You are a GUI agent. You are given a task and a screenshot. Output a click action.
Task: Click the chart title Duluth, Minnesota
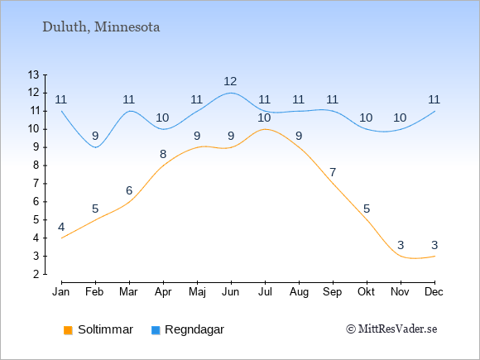tap(101, 27)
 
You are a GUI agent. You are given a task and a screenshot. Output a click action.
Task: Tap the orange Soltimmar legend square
tap(68, 330)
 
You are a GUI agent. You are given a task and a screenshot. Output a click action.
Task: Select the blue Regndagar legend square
tap(156, 330)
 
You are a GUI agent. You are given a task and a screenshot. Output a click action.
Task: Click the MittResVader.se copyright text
tap(391, 329)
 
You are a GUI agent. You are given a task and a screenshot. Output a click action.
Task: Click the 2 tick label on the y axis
tap(36, 274)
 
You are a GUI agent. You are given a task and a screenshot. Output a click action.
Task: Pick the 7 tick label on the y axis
tap(36, 184)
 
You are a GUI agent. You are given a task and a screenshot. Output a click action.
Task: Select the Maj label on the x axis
tap(197, 292)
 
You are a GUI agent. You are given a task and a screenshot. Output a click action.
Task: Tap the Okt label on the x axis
tap(367, 292)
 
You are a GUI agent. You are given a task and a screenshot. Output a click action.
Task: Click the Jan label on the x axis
tap(61, 292)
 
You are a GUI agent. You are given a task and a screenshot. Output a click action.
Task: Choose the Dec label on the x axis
tap(434, 292)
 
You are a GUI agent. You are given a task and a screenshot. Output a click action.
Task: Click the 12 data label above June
tap(230, 81)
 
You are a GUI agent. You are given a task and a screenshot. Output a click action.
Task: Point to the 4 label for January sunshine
tap(61, 227)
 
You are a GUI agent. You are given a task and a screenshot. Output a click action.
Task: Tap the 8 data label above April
tap(163, 154)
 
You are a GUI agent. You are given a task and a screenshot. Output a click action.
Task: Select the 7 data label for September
tap(333, 172)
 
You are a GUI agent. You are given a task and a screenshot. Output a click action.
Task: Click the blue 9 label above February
tap(95, 136)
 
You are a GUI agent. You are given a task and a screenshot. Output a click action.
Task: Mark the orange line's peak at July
tap(265, 129)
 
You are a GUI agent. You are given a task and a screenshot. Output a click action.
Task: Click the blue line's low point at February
tap(96, 147)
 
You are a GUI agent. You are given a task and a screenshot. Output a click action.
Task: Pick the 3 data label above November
tap(401, 245)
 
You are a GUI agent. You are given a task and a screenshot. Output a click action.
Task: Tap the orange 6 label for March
tap(129, 190)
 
